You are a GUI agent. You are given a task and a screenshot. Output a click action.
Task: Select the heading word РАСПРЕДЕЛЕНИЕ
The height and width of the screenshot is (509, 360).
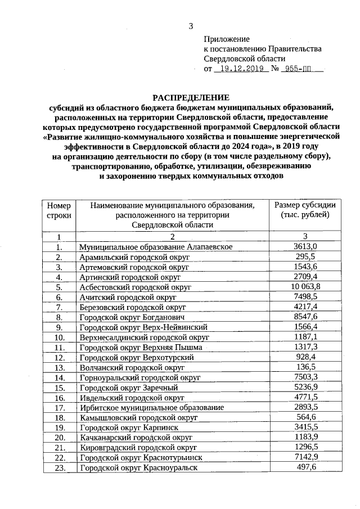tap(191, 97)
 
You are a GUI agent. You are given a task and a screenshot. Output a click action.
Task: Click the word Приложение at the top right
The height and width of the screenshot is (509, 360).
tap(226, 39)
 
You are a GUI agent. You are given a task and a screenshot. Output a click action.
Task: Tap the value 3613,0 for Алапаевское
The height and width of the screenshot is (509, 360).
tap(305, 246)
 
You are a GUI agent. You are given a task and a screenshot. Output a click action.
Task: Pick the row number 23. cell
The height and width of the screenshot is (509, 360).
tap(58, 467)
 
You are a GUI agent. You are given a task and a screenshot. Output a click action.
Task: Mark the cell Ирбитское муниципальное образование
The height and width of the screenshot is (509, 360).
tap(151, 407)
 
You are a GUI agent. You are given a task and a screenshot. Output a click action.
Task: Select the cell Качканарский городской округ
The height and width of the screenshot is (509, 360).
tap(136, 437)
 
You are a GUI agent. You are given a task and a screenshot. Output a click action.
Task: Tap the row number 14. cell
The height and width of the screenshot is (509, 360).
tap(58, 377)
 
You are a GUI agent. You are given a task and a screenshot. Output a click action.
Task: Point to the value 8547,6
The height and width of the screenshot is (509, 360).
tap(305, 317)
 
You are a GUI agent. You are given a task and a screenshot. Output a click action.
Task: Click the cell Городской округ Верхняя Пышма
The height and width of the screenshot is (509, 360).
tap(141, 347)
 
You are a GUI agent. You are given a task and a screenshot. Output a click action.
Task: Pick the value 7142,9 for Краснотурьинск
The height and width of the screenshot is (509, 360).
tap(305, 457)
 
